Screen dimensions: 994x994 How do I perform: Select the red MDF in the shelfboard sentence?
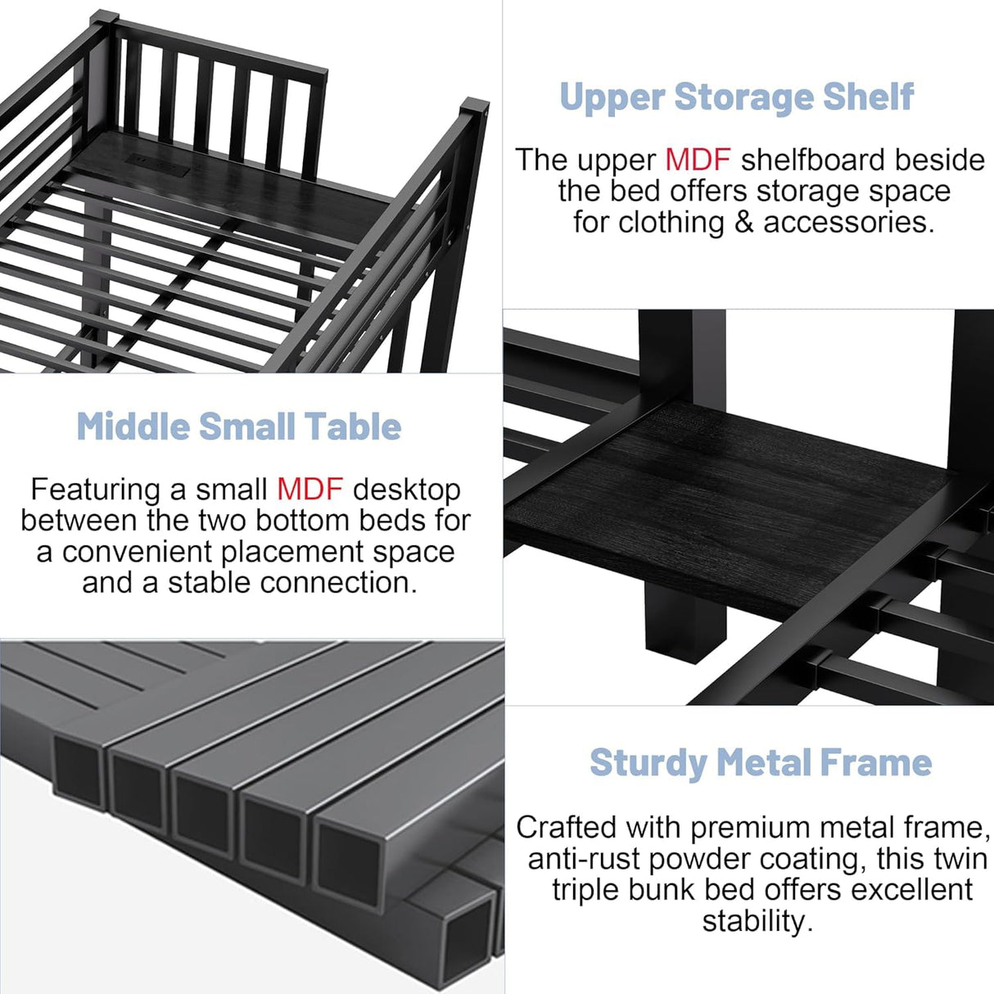pos(697,160)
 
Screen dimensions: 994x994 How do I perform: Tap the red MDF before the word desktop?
pos(309,490)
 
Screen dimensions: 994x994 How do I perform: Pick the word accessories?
pos(848,222)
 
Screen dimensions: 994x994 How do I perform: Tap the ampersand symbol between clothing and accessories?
pos(743,222)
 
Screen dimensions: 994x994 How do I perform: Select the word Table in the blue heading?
pos(353,427)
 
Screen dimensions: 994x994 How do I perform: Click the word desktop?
pos(406,490)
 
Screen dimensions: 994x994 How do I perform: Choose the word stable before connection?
pos(210,583)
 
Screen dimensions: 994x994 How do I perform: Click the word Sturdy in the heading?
pos(648,763)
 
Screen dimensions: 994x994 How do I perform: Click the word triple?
pos(583,890)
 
